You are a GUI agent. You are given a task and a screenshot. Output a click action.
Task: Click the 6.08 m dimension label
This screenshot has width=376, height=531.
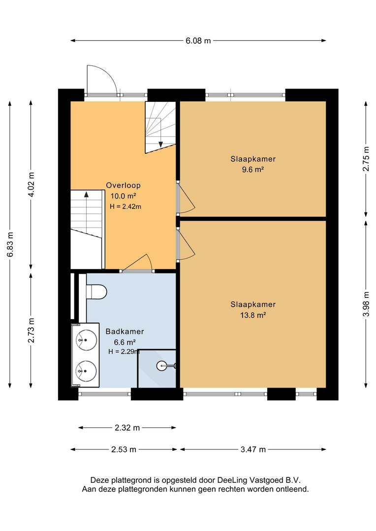coord(198,41)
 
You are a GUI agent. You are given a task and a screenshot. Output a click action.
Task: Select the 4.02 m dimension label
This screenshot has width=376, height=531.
coord(31,185)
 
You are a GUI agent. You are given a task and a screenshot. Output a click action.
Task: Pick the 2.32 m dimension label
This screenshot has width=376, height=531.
coord(127,428)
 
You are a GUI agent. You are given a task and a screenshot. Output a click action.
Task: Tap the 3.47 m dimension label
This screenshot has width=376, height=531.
coord(253,449)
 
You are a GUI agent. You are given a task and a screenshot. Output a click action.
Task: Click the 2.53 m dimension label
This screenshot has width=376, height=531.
coord(124,449)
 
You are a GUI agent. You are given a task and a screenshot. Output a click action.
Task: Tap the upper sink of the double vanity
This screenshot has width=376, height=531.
coord(86,339)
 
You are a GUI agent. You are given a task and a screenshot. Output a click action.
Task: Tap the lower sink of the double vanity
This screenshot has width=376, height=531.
coord(86,368)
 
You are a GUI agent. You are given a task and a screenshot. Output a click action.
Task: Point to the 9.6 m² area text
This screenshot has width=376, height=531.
coord(253,170)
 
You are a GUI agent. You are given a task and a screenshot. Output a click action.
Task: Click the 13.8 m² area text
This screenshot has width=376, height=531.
coord(253,315)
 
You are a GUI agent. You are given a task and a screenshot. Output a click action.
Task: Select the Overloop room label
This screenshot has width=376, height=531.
coord(123,185)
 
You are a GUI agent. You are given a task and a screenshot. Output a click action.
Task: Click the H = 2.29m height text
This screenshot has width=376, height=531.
coord(124,352)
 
